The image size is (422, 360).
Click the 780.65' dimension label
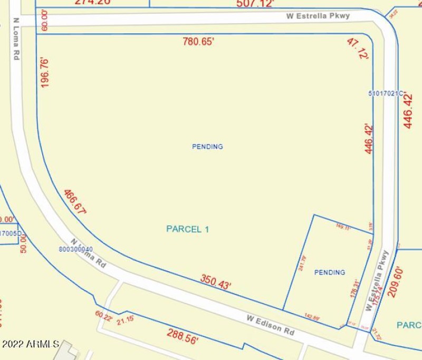(x=198, y=41)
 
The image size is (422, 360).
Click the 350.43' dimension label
(x=215, y=282)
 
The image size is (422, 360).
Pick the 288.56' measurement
(x=183, y=336)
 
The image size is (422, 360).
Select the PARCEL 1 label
(x=188, y=229)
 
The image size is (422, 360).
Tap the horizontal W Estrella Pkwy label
(x=318, y=16)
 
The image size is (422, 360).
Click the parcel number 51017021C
(x=386, y=93)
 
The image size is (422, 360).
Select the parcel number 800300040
(x=76, y=249)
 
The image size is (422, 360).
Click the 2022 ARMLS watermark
(x=30, y=345)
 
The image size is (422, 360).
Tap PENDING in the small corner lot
(x=330, y=272)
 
